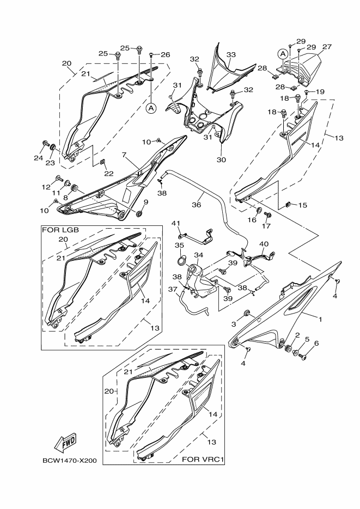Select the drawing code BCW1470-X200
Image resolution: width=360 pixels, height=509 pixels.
69,461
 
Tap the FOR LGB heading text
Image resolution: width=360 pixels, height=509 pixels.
60,230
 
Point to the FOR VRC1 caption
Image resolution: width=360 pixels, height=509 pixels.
203,459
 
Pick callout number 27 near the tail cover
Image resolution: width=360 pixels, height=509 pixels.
326,47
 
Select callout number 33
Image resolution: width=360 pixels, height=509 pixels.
231,55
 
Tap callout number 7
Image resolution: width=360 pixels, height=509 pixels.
124,155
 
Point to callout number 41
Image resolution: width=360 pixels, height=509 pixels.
176,224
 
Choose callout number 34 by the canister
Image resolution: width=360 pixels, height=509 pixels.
198,255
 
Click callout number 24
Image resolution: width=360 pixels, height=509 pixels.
38,158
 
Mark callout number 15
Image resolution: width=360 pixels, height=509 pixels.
302,205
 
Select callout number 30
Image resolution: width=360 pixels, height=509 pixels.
222,160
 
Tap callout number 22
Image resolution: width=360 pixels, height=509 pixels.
109,174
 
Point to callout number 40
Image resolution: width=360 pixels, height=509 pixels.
264,244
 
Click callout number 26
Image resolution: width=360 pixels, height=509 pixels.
166,54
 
